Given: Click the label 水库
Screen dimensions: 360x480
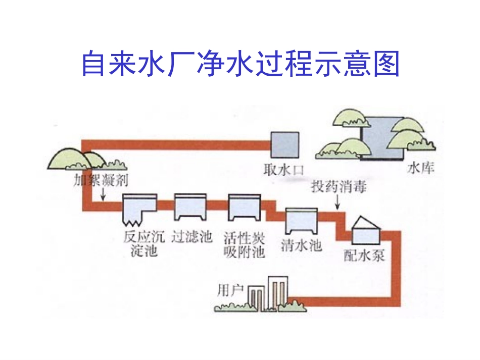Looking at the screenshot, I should pyautogui.click(x=420, y=167).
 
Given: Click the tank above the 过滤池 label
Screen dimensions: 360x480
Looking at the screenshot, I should pyautogui.click(x=190, y=207).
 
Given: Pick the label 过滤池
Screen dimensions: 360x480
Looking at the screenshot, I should pyautogui.click(x=191, y=237).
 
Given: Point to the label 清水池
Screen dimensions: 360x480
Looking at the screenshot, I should pyautogui.click(x=301, y=246).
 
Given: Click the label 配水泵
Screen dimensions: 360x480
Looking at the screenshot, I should pyautogui.click(x=364, y=255).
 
